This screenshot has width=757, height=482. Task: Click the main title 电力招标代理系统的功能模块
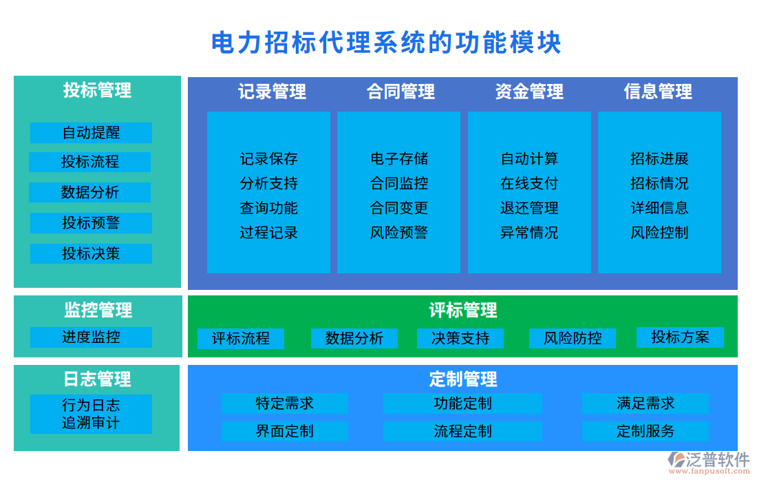point(386,43)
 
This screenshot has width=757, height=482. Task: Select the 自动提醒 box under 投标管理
point(91,133)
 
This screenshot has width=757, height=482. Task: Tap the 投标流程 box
point(90,163)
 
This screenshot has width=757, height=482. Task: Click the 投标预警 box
point(91,223)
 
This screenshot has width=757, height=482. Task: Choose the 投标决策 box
point(91,253)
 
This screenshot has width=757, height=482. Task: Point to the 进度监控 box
point(91,337)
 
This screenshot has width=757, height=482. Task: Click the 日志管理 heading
point(97,379)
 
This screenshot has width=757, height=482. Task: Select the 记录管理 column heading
point(272,92)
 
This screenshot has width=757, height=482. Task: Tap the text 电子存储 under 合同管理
point(399,159)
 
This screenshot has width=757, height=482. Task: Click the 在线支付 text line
point(529,184)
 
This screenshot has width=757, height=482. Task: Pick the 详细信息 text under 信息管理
point(659,209)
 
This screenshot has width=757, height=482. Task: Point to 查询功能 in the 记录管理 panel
point(268,209)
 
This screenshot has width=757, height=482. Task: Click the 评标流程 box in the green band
point(241,339)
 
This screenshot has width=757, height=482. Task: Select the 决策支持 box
point(460,339)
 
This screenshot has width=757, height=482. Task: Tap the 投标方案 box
point(680,337)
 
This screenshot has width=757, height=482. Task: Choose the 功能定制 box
point(462,404)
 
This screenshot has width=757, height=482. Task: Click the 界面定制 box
point(284,432)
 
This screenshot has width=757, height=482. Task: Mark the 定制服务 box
point(645,432)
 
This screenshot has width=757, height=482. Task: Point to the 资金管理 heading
point(529,92)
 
